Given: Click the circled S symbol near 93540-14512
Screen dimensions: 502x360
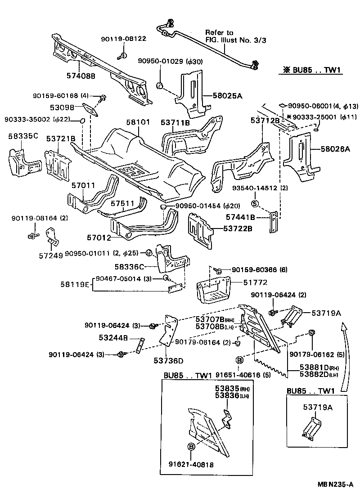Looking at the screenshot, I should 254,204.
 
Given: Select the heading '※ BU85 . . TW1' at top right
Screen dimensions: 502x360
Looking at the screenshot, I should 310,70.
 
